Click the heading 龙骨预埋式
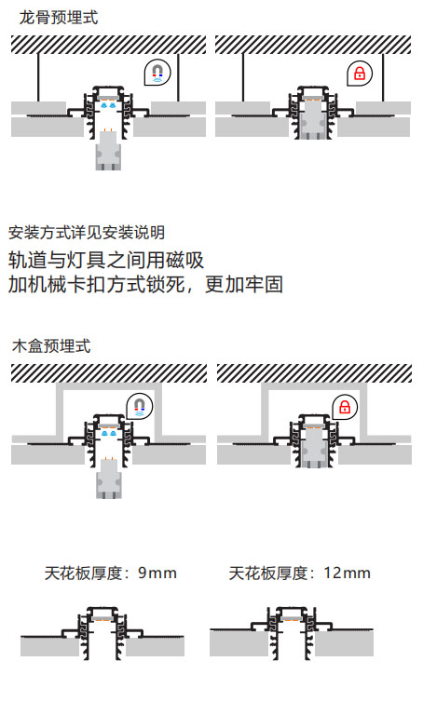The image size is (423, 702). [x=59, y=18]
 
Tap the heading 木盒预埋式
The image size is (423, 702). [x=52, y=346]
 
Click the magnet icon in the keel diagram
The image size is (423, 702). [x=157, y=72]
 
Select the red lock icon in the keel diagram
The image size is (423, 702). [x=360, y=73]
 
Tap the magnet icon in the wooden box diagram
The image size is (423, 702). [x=140, y=406]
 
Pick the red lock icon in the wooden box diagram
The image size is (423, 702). [x=345, y=408]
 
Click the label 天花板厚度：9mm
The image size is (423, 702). [x=110, y=574]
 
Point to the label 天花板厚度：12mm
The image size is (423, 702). [x=300, y=574]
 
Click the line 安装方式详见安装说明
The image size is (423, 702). [x=87, y=233]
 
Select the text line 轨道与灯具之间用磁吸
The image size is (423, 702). [x=106, y=260]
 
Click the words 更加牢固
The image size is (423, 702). [x=244, y=284]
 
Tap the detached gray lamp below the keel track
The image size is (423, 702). [x=108, y=151]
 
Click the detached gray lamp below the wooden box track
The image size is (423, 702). [x=108, y=479]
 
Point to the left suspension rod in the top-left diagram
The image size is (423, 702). [x=38, y=77]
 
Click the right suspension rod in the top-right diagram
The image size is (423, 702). [x=383, y=77]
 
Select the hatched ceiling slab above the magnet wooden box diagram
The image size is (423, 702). [x=109, y=373]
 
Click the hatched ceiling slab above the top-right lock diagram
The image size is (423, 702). [x=313, y=45]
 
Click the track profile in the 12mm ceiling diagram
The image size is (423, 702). [x=292, y=632]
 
